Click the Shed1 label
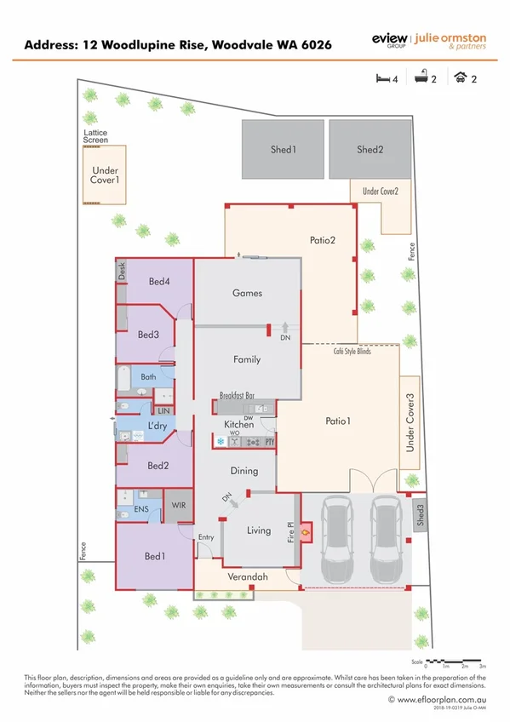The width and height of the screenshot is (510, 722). (283, 150)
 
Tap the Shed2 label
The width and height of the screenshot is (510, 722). (370, 150)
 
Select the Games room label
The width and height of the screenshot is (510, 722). (247, 294)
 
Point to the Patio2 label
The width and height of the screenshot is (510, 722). (322, 241)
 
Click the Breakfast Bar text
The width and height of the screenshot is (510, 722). (238, 396)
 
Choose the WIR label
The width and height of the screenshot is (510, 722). (179, 506)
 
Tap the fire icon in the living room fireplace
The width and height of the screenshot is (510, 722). (307, 532)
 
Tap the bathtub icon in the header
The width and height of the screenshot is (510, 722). (421, 79)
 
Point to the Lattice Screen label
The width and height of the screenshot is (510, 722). (95, 136)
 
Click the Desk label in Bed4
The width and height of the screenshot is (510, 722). (122, 272)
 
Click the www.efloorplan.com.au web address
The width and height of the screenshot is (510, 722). (442, 699)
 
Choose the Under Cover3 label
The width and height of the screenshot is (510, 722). (410, 421)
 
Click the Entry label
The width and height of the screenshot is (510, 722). (206, 537)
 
